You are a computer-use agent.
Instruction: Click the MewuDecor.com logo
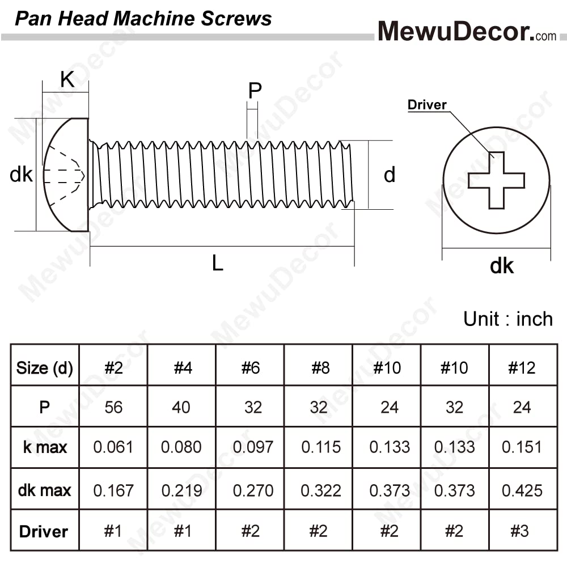(x=467, y=31)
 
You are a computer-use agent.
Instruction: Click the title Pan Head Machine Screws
(x=143, y=19)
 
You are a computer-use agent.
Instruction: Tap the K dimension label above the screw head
(x=67, y=79)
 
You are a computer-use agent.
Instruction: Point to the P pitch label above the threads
(x=255, y=90)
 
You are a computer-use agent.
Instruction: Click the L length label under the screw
(x=217, y=263)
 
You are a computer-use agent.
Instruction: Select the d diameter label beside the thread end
(x=390, y=175)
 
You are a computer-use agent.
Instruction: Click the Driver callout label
(x=427, y=105)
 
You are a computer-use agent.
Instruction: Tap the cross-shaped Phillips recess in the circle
(x=496, y=180)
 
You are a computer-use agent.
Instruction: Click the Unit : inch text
(x=508, y=319)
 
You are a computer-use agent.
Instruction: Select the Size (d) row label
(x=44, y=368)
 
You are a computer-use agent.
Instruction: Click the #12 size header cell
(x=522, y=368)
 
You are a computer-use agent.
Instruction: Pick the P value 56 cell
(x=113, y=407)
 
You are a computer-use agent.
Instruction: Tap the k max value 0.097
(x=253, y=447)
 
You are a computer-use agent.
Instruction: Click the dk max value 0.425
(x=522, y=490)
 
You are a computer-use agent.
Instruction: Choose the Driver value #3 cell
(x=519, y=531)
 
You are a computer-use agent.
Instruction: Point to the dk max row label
(x=44, y=490)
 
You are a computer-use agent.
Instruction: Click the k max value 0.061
(x=113, y=447)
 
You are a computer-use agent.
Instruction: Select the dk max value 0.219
(x=181, y=490)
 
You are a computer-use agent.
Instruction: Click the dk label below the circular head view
(x=502, y=266)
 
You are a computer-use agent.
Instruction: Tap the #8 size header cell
(x=320, y=368)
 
